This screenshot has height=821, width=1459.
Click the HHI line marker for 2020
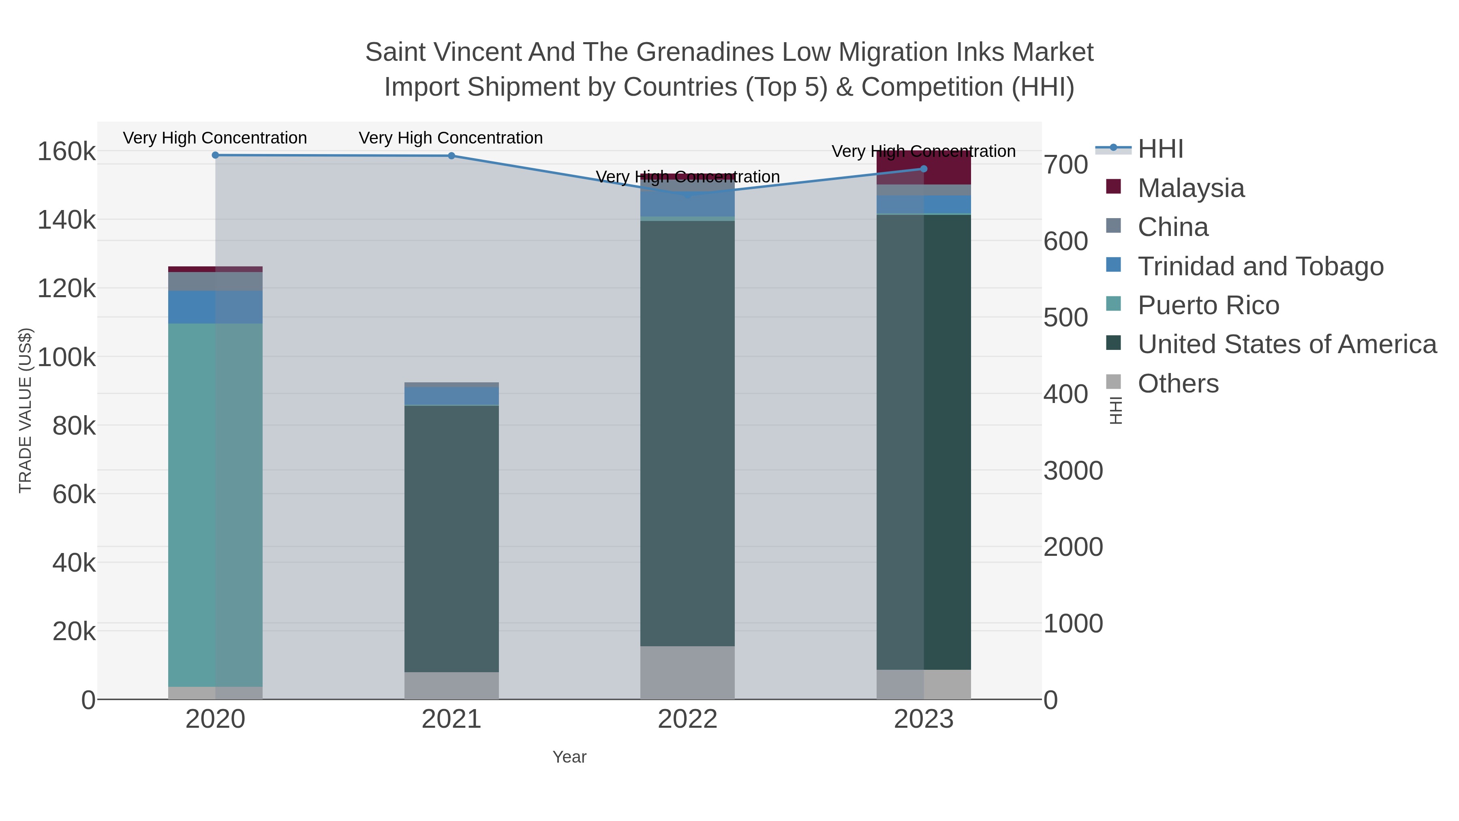pyautogui.click(x=215, y=155)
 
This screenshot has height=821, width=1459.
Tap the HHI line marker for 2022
pyautogui.click(x=688, y=195)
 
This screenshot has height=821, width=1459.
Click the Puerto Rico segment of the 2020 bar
pyautogui.click(x=215, y=504)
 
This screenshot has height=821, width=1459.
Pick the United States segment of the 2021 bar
pyautogui.click(x=451, y=538)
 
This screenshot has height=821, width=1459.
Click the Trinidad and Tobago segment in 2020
pyautogui.click(x=215, y=307)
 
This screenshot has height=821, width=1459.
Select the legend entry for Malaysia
pyautogui.click(x=1191, y=188)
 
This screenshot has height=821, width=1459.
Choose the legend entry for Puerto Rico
pyautogui.click(x=1208, y=305)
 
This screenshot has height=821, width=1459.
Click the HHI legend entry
pyautogui.click(x=1160, y=149)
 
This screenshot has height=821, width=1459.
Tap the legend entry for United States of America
pyautogui.click(x=1287, y=345)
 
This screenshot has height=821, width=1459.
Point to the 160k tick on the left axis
pyautogui.click(x=66, y=152)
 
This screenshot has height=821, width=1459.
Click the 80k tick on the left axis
pyautogui.click(x=74, y=426)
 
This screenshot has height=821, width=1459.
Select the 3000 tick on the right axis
pyautogui.click(x=1073, y=471)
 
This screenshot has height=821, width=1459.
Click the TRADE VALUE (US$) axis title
pyautogui.click(x=26, y=410)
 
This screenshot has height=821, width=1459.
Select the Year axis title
pyautogui.click(x=569, y=757)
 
